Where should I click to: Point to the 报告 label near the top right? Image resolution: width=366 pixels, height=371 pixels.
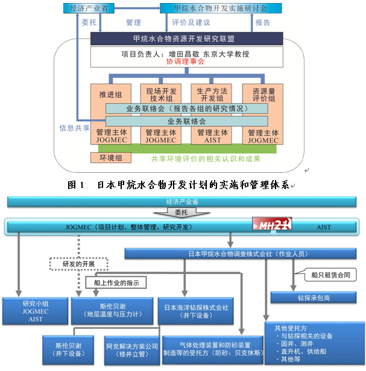tap(263, 23)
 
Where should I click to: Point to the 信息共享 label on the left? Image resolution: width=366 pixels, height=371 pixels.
tap(74, 128)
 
